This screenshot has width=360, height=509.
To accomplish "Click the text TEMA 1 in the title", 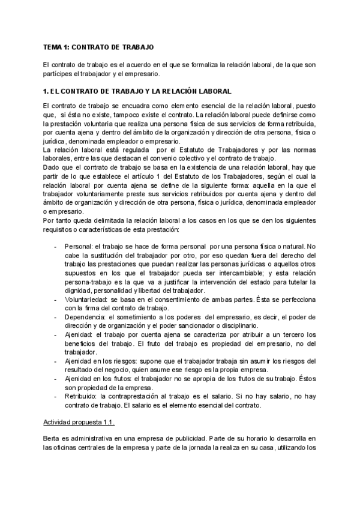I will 58,46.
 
